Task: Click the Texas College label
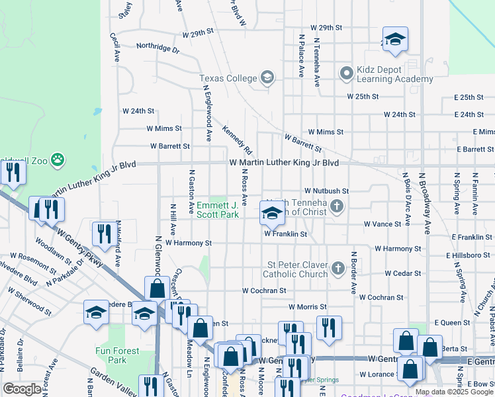click(228, 79)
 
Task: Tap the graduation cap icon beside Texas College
click(267, 79)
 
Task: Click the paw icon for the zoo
click(59, 159)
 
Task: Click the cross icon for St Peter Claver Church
click(338, 269)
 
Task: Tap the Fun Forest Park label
click(117, 355)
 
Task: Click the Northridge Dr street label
click(157, 48)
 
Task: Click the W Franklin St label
click(286, 234)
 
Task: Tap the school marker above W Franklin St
click(271, 213)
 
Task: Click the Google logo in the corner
click(22, 389)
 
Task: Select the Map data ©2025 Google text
click(454, 392)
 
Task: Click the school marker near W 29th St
click(395, 40)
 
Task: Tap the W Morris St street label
click(307, 307)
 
